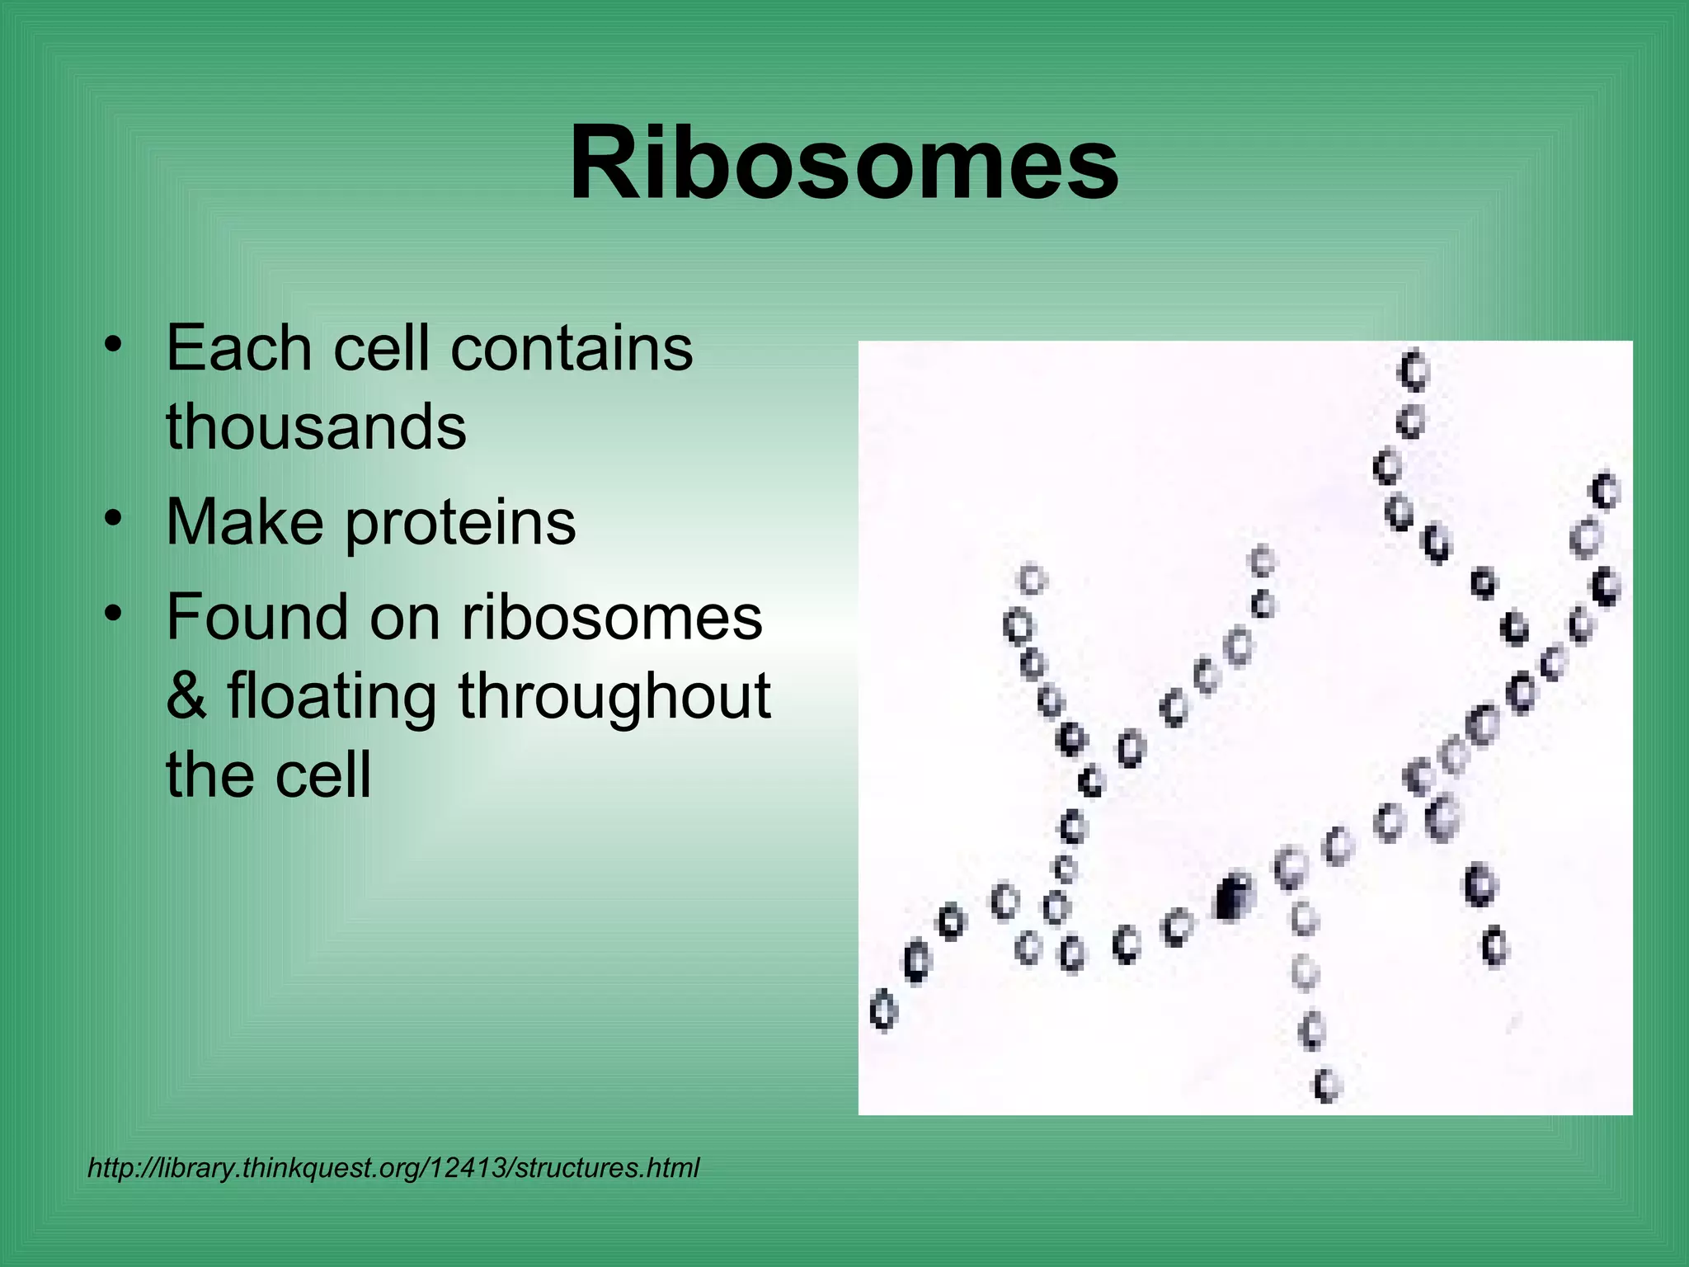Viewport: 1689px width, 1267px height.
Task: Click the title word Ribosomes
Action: pyautogui.click(x=844, y=162)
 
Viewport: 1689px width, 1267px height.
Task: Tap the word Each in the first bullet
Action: pyautogui.click(x=238, y=348)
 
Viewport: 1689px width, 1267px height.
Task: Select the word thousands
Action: pyautogui.click(x=316, y=426)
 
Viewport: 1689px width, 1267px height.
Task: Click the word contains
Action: pyautogui.click(x=572, y=348)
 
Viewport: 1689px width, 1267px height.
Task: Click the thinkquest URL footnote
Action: pyautogui.click(x=393, y=1168)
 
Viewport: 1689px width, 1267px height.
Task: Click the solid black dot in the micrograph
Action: pyautogui.click(x=1232, y=897)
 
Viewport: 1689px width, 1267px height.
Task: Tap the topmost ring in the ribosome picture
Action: pyautogui.click(x=1414, y=370)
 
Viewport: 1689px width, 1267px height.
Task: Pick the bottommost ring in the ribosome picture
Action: pyautogui.click(x=1327, y=1085)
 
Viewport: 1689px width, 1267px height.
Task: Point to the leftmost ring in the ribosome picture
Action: pyautogui.click(x=882, y=1010)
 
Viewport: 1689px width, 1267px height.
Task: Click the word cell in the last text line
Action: pyautogui.click(x=322, y=775)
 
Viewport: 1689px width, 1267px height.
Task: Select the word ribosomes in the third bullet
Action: pyautogui.click(x=611, y=618)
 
